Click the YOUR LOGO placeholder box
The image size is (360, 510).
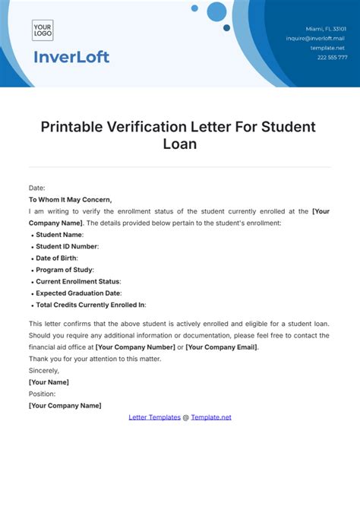43,30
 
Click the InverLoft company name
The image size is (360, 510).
71,57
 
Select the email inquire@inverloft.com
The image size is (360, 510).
316,38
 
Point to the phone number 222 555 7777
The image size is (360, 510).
332,57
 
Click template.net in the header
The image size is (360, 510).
329,47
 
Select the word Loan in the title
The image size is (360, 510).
179,143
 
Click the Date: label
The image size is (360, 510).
37,188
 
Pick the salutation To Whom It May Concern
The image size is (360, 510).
70,200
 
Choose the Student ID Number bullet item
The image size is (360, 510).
67,246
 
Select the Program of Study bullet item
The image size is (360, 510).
64,270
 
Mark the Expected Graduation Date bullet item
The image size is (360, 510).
78,293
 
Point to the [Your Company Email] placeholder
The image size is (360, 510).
222,347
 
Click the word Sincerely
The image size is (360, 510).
43,370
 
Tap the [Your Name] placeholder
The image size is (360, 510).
49,382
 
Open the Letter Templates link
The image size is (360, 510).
154,417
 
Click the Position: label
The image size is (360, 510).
42,394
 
